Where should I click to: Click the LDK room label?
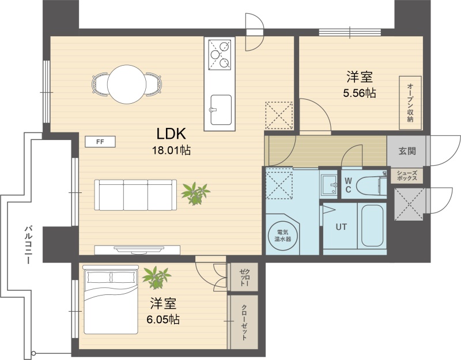point(171,134)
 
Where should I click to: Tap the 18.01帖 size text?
point(171,150)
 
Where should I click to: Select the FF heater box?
point(100,142)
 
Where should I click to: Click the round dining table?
point(127,84)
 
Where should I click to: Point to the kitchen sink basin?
point(221,109)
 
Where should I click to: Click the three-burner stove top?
point(220,55)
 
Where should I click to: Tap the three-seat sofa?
point(135,195)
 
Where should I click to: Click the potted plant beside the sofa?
point(195,194)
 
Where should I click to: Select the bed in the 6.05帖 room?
point(111,300)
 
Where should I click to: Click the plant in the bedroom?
point(156,278)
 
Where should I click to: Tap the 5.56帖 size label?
point(359,93)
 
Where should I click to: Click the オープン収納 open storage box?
point(410,103)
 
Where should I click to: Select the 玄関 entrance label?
point(407,151)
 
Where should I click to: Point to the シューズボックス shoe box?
point(407,176)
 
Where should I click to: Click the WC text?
point(348,185)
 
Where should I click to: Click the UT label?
point(341,227)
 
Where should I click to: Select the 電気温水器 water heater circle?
point(283,236)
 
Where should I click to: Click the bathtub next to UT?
point(372,225)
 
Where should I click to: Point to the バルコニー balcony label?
point(28,244)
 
